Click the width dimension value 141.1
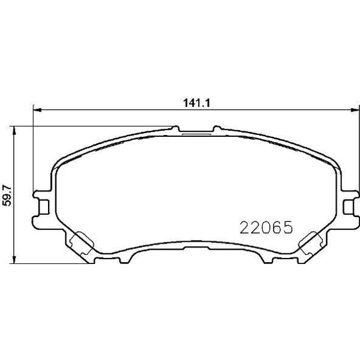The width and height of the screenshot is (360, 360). click(192, 103)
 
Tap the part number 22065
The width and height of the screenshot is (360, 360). click(266, 227)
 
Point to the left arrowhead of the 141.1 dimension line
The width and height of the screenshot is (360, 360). click(36, 110)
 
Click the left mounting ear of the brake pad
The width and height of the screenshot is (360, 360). click(42, 205)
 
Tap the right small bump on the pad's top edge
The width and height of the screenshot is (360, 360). click(217, 127)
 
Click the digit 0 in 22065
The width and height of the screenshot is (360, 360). click(266, 227)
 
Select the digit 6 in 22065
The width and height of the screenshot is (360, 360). click(276, 227)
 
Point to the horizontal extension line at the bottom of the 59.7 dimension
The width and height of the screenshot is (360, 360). click(54, 263)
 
